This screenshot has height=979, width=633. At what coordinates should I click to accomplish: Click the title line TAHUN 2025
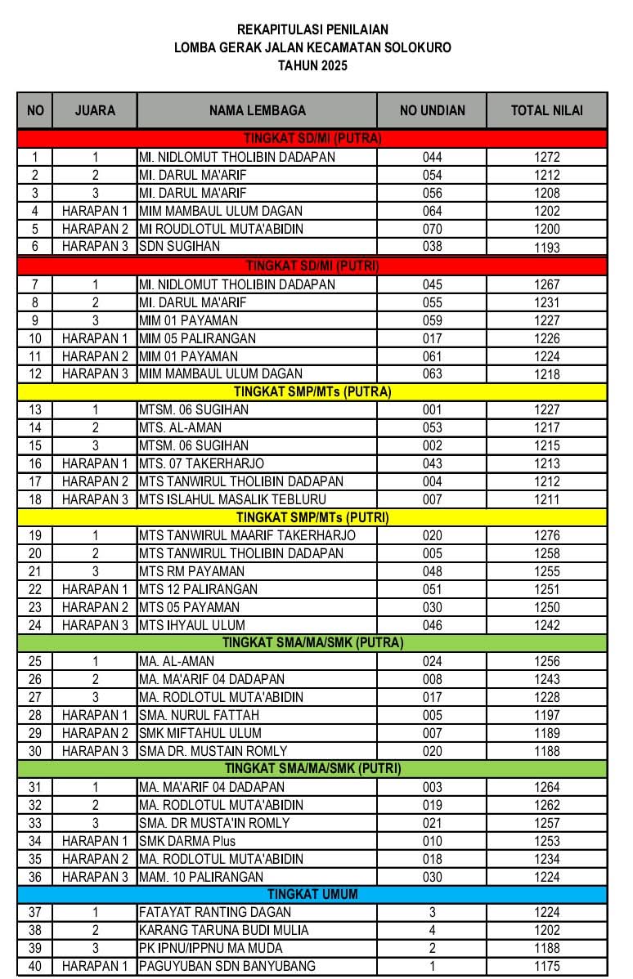312,66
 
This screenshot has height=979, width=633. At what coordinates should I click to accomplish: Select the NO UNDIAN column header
432,110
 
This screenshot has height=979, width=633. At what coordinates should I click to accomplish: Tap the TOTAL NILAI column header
546,110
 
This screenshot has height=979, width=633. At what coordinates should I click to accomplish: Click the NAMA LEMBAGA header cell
257,110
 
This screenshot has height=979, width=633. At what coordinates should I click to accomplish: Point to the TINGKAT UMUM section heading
312,894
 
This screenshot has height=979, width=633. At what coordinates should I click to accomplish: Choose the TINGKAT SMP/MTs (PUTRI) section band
312,517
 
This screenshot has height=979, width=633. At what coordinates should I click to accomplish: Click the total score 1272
546,157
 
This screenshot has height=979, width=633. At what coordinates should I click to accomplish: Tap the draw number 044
432,157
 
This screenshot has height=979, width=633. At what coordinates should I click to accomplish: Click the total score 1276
546,535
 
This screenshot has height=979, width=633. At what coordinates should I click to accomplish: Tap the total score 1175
546,966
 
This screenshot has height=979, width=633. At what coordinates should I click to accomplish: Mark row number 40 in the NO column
35,966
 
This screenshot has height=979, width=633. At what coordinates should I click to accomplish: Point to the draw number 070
432,229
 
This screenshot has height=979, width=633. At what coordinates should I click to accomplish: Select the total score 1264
546,787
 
